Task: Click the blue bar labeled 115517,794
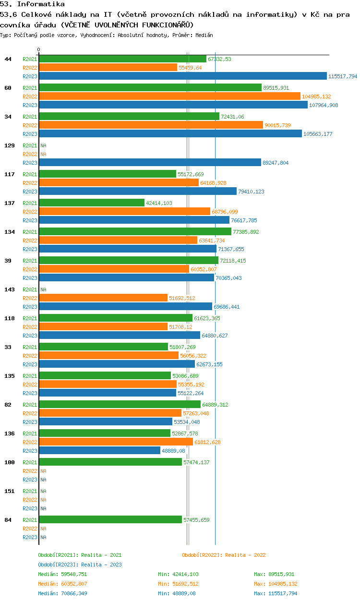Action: click(x=183, y=76)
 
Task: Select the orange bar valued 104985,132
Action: click(x=170, y=96)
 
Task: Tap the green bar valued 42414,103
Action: click(x=92, y=203)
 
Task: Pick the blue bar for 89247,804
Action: click(x=150, y=163)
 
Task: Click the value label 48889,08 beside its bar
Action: click(x=173, y=451)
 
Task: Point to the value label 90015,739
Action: click(x=277, y=125)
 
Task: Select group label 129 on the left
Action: click(x=10, y=145)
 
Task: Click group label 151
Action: click(x=10, y=491)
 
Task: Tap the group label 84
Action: click(x=8, y=520)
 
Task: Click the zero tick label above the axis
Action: click(x=39, y=49)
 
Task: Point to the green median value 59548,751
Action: click(x=74, y=574)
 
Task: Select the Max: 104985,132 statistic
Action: click(x=276, y=584)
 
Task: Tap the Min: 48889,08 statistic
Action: click(x=177, y=593)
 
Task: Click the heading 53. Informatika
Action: click(x=32, y=4)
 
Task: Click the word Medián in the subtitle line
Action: click(x=204, y=35)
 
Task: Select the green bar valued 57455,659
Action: click(x=110, y=520)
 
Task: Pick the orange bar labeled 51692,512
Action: click(x=103, y=298)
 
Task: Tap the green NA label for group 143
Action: click(x=43, y=289)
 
